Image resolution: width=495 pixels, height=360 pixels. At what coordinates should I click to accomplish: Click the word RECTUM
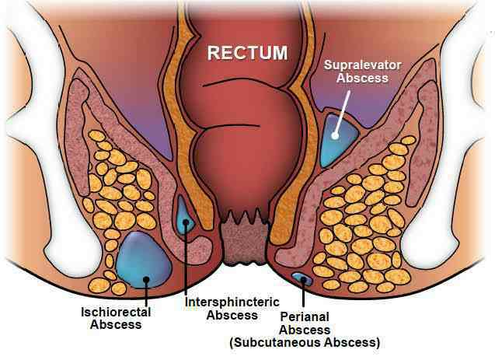pos(247,53)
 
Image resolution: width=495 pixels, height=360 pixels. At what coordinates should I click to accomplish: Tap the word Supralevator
pos(362,65)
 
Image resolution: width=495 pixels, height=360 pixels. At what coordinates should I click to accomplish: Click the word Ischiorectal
pos(116,313)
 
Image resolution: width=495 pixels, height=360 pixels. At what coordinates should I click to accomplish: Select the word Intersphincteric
pos(232,302)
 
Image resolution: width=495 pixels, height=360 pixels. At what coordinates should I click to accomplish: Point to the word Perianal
pos(305,316)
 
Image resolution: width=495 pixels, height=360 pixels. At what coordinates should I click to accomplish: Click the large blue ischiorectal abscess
pos(144,260)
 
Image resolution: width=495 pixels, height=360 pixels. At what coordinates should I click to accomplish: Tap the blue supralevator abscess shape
pos(339,141)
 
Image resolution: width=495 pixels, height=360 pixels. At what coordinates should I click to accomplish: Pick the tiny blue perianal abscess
pos(302,278)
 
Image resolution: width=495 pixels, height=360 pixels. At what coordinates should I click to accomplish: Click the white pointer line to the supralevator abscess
pos(342,114)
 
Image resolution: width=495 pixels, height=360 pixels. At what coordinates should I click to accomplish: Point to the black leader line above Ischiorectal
pos(146,292)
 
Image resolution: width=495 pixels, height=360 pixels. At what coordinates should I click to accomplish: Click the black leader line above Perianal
pos(303,293)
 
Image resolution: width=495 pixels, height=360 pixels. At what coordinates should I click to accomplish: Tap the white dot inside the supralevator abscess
pos(335,136)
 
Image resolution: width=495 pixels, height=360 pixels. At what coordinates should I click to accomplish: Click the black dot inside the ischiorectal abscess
pos(146,279)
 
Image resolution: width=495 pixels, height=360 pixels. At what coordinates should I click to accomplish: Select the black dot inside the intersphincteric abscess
pos(186,222)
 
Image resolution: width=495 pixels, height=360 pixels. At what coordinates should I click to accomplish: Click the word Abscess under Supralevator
pos(362,78)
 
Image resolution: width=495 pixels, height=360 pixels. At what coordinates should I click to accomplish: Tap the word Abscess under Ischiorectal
pos(116,325)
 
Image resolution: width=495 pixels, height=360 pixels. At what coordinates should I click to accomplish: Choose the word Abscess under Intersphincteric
pos(232,315)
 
